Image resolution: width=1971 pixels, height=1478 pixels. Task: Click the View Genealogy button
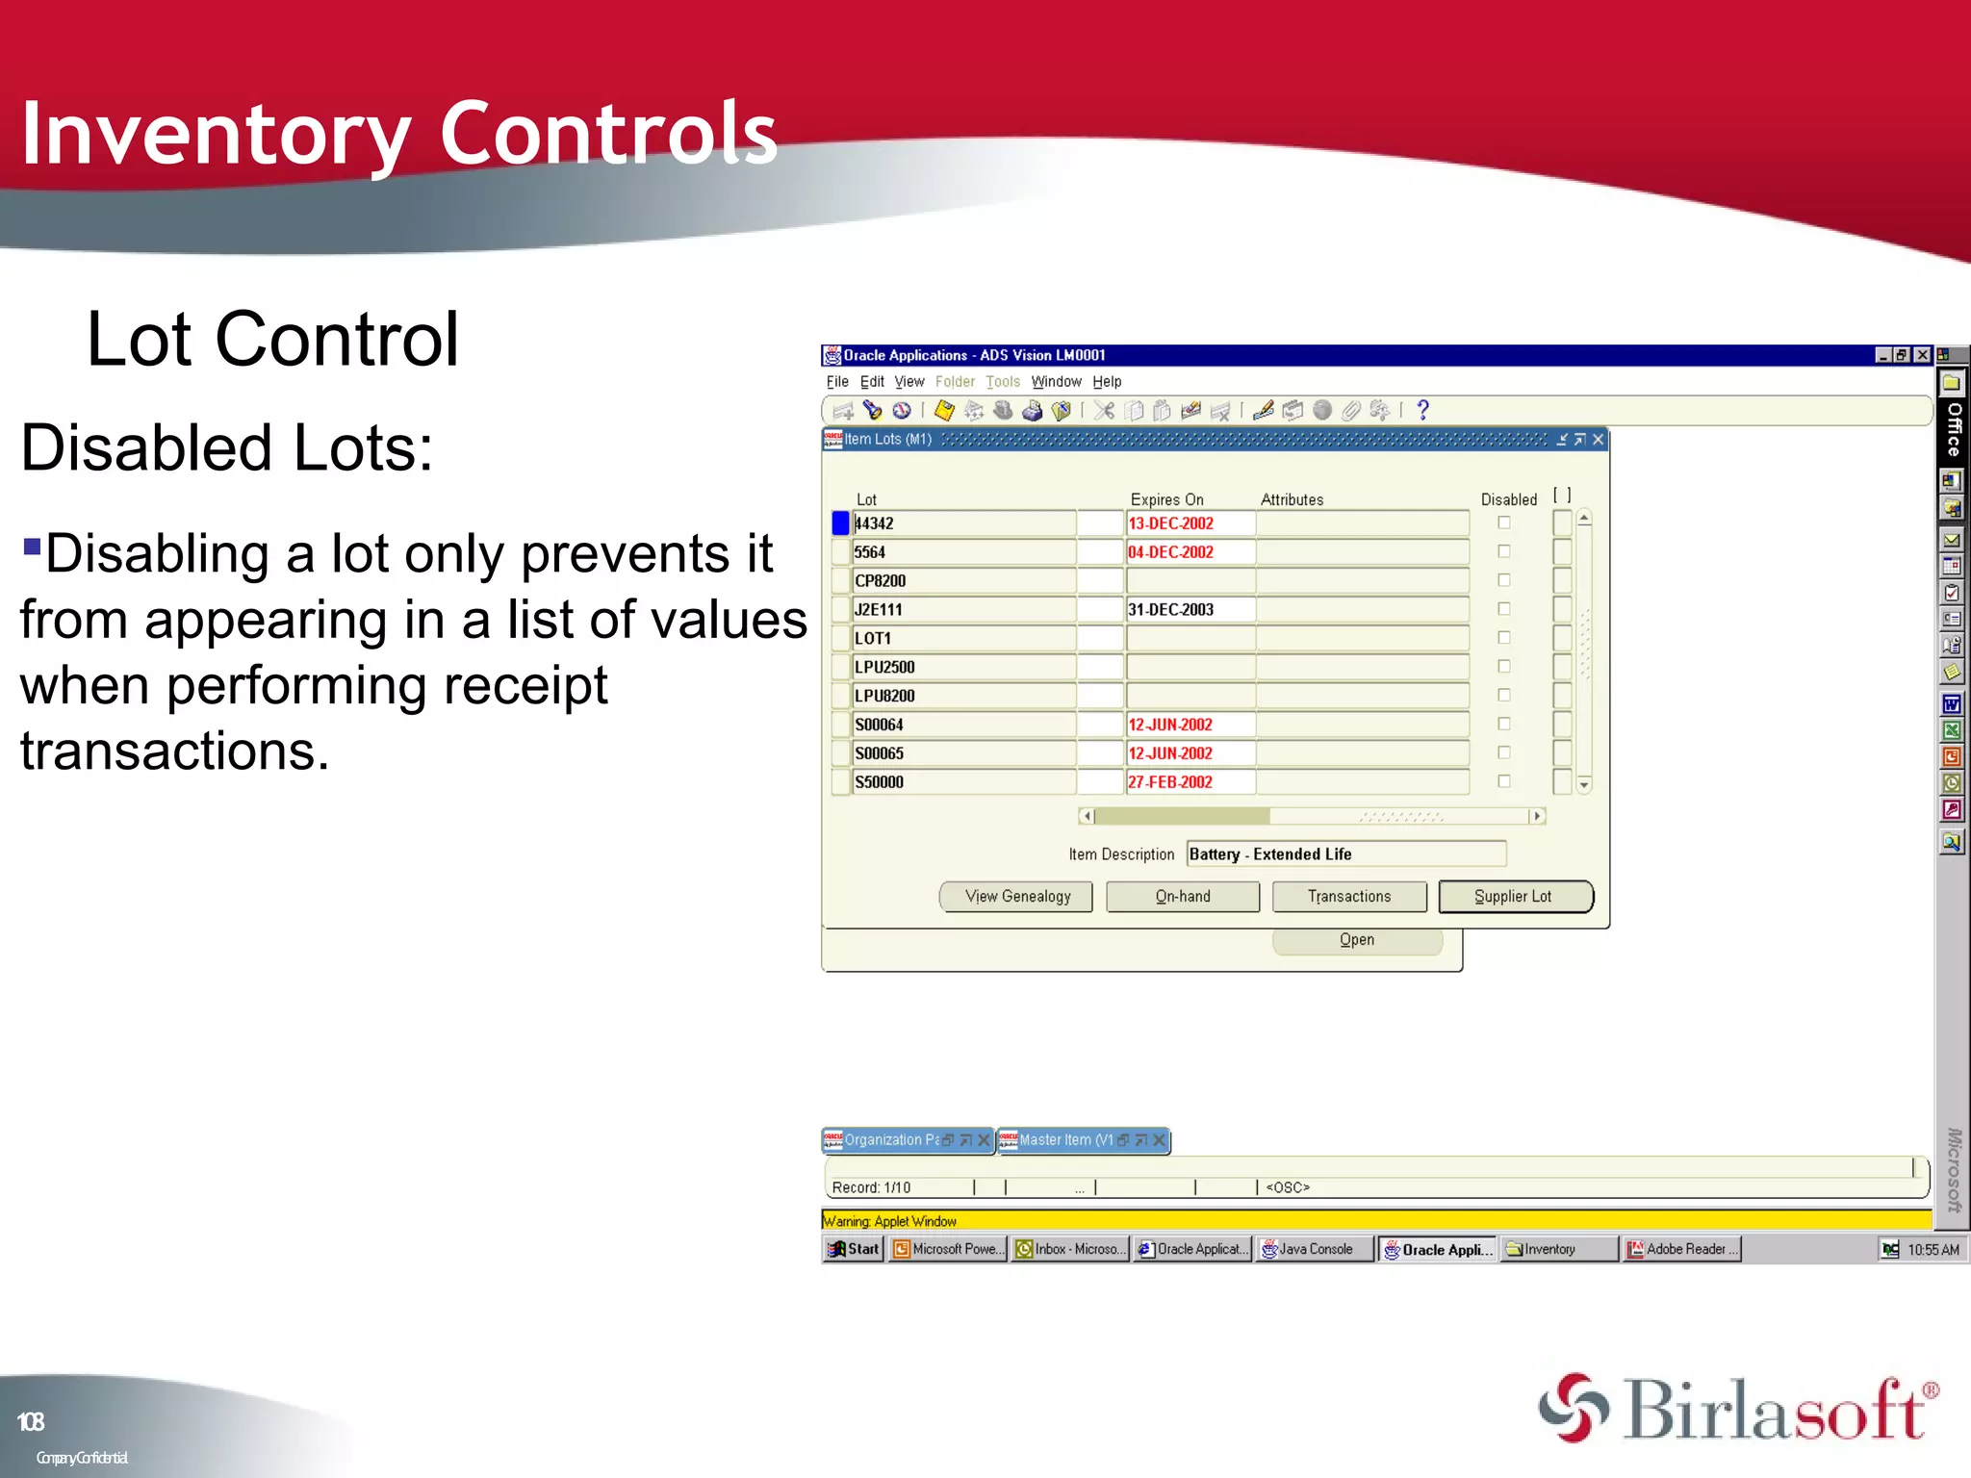pos(1016,896)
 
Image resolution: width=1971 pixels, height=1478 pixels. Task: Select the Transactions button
pos(1348,896)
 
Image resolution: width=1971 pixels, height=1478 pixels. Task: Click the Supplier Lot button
pos(1514,896)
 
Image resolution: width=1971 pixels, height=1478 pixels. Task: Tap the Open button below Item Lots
pos(1356,940)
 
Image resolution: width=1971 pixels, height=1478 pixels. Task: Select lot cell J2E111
pos(962,609)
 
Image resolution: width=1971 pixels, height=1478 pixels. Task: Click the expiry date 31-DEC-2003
pos(1190,609)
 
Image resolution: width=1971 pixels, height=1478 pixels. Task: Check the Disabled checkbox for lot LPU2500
pos(1504,666)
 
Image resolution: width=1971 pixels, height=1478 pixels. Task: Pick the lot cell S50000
pos(962,781)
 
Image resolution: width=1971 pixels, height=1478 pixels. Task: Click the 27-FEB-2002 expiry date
pos(1190,781)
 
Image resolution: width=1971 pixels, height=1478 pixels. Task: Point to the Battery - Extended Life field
pos(1345,854)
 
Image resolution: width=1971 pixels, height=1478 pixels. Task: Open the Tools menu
pos(1002,382)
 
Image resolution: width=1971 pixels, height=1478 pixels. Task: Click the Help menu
pos(1107,382)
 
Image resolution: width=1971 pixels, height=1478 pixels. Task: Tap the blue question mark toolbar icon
pos(1422,410)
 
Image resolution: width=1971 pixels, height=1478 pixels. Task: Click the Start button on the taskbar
pos(854,1249)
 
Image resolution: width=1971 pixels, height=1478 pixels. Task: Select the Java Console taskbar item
pos(1315,1249)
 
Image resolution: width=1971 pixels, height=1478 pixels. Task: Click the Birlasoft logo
pos(1737,1409)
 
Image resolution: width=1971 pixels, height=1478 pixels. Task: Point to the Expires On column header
pos(1166,499)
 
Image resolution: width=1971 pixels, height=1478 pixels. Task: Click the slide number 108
pos(31,1421)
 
